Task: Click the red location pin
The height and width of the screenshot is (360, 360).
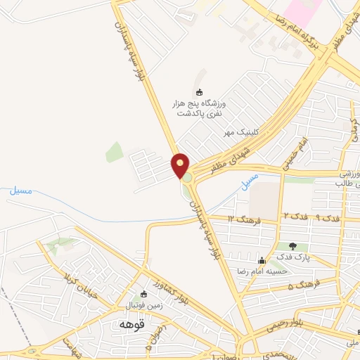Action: click(x=181, y=166)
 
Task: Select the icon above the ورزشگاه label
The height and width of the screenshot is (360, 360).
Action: click(x=199, y=91)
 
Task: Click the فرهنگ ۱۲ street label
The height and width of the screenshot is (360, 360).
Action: click(x=246, y=220)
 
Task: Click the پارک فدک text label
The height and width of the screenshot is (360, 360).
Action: click(x=293, y=258)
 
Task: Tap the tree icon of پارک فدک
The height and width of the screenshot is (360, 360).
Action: click(x=293, y=246)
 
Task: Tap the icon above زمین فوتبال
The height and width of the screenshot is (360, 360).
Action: click(x=144, y=294)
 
